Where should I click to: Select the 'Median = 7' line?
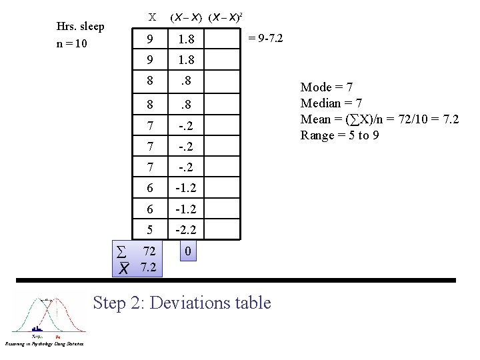point(331,103)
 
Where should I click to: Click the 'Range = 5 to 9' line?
point(340,135)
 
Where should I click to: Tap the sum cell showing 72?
point(150,251)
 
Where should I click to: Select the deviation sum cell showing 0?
point(189,252)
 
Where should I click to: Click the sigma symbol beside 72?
point(121,251)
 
